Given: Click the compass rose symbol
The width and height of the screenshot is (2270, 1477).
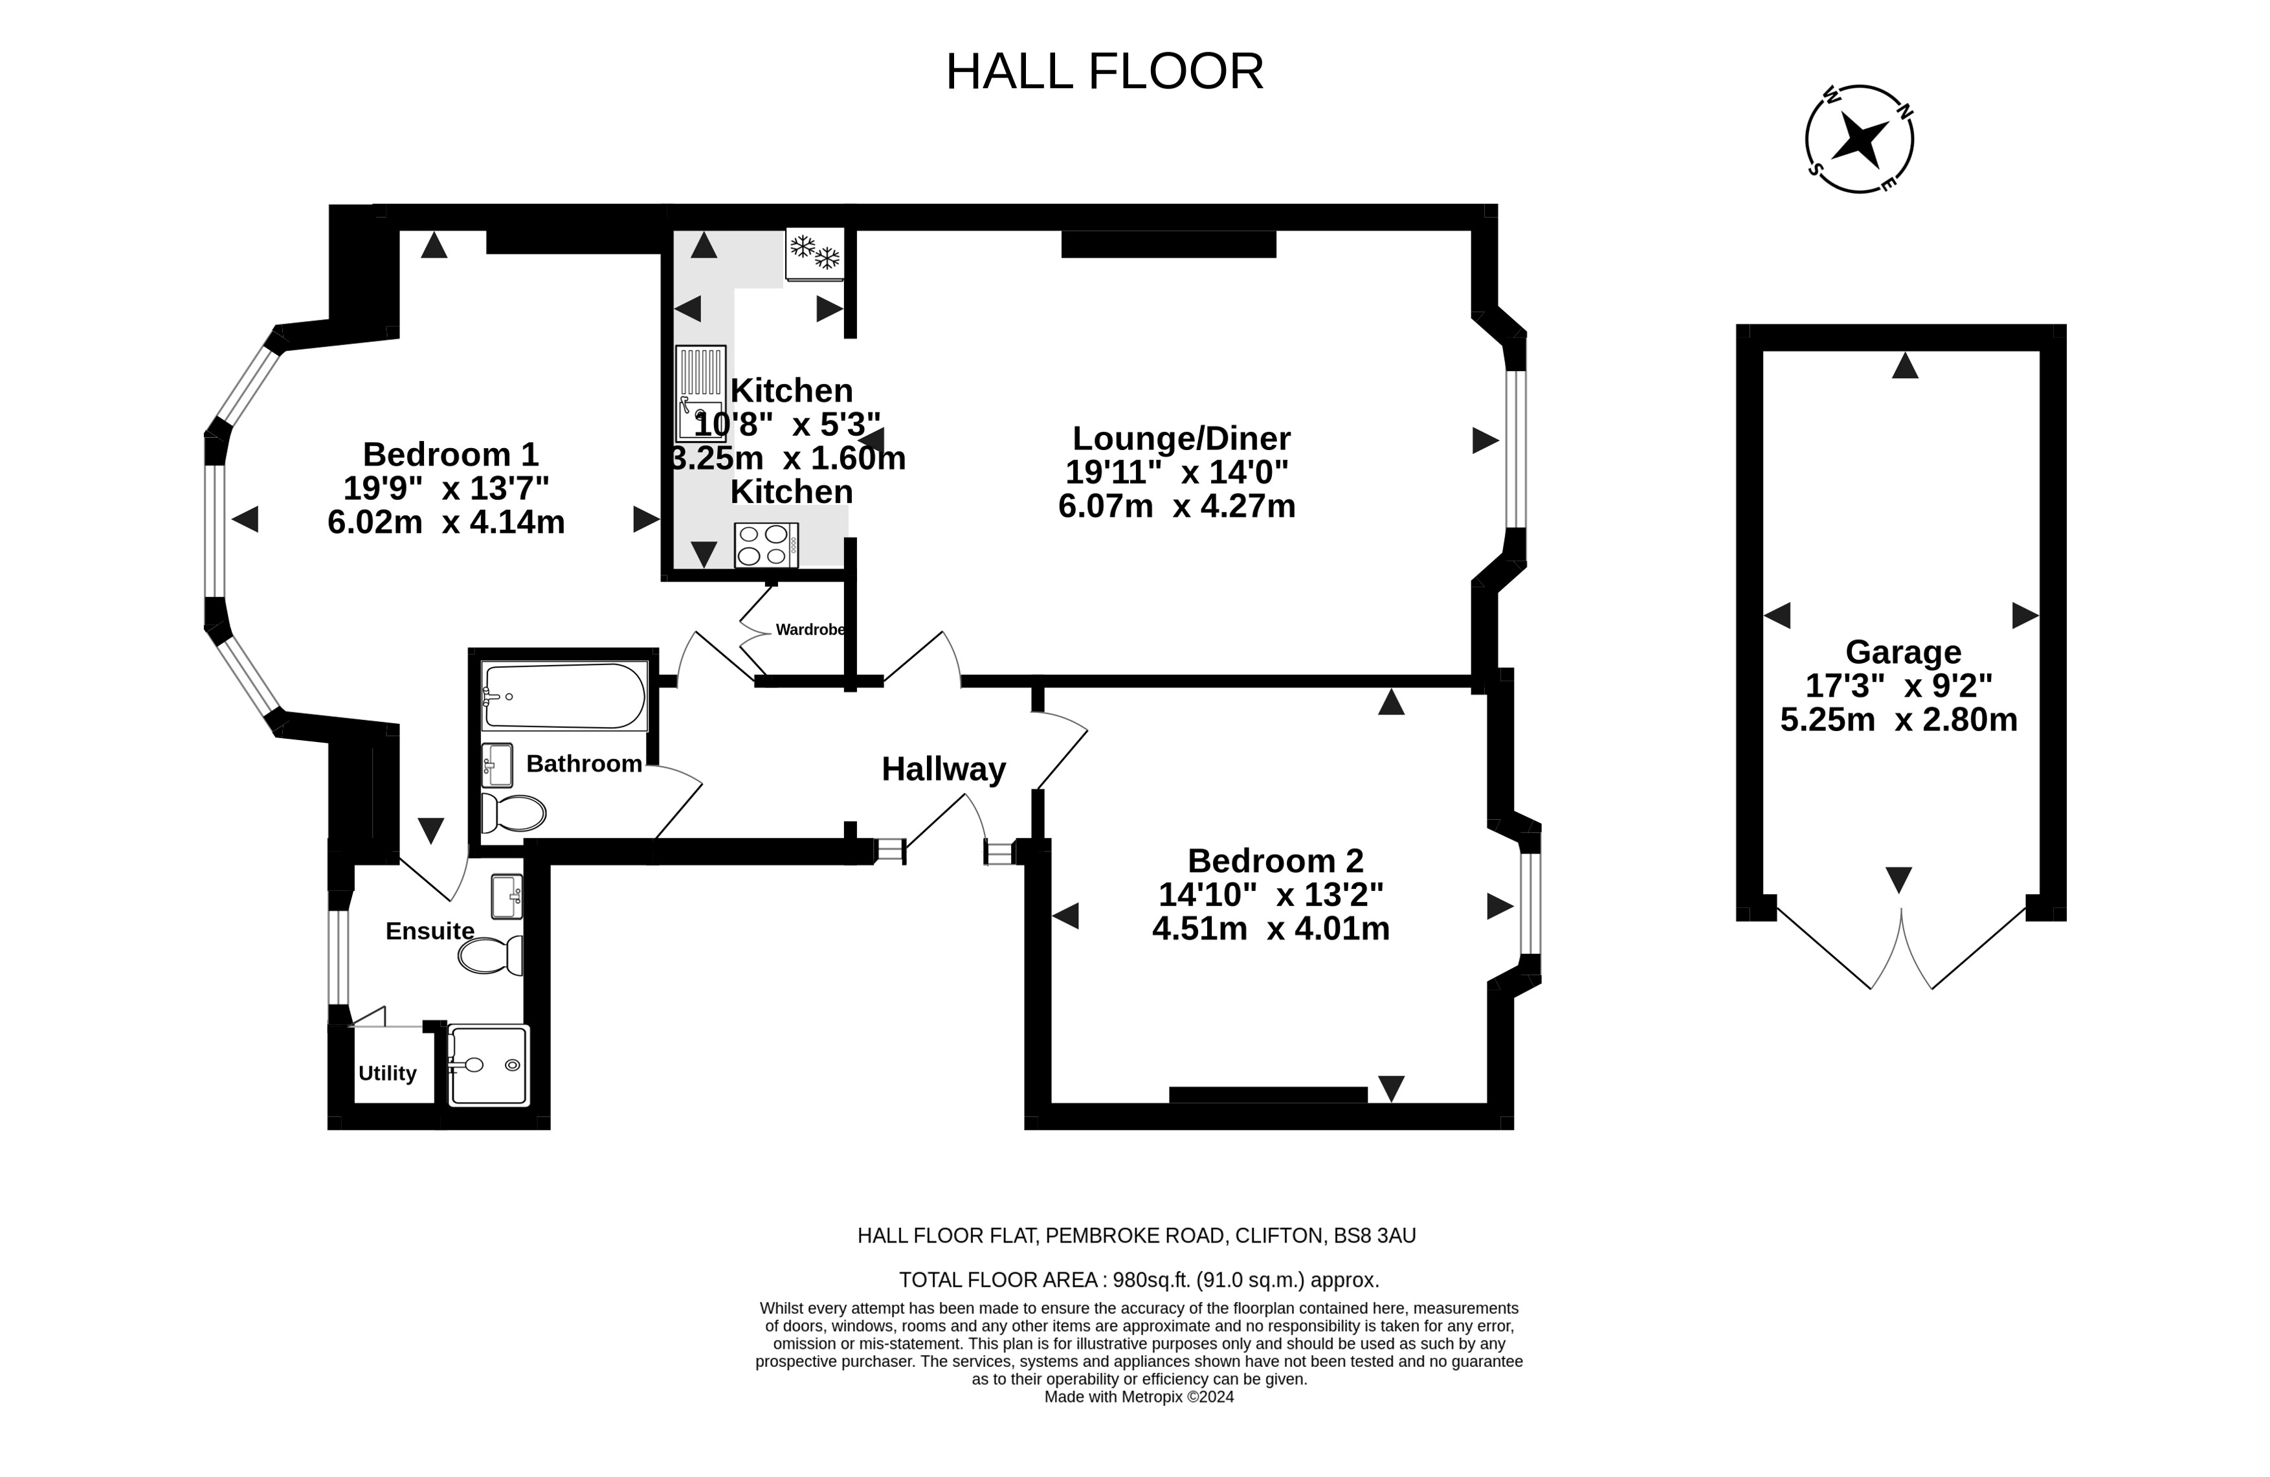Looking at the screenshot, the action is pos(1859,139).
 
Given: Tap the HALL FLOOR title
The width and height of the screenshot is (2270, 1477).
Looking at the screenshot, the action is pos(1104,72).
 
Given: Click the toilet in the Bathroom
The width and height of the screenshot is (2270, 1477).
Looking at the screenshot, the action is pos(513,813).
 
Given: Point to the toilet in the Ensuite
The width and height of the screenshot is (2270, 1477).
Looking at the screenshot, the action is pos(490,955).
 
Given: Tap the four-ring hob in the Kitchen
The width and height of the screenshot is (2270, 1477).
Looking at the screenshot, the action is pos(766,545).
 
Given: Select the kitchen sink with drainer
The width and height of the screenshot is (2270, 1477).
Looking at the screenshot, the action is pos(701,393).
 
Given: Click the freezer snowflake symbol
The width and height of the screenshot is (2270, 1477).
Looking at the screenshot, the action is pos(814,253).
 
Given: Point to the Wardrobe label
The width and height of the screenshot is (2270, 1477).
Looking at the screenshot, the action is pos(810,630).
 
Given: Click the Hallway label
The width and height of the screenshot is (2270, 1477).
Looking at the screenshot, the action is pos(943,769).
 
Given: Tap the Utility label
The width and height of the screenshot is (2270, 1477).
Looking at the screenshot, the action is pos(387,1074).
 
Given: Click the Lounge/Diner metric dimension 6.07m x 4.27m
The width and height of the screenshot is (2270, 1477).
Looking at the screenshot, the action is pos(1177,506).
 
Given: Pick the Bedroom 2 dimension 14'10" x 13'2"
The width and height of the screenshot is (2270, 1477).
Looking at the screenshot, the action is pos(1271,894).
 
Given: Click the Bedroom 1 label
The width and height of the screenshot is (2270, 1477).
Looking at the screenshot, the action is pos(451,453).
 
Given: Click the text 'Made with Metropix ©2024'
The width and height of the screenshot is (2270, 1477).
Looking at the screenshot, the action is pos(1139,1397).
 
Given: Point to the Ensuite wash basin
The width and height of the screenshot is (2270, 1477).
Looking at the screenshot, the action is pos(506,896).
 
